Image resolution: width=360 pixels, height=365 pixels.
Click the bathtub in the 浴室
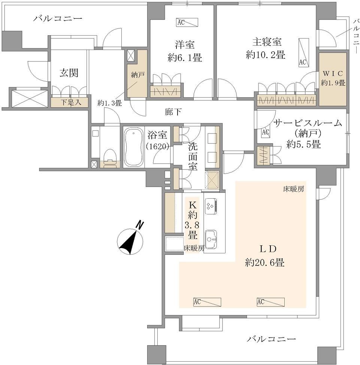(x=133, y=147)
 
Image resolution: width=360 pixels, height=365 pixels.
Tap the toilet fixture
(x=110, y=158)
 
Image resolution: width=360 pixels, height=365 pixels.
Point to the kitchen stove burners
(x=211, y=206)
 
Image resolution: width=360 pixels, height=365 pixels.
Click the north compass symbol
(x=130, y=240)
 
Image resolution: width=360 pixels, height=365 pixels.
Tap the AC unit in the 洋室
(x=187, y=22)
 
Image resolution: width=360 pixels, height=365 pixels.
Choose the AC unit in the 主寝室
(x=304, y=52)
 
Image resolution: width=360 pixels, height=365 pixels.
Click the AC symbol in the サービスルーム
(x=266, y=132)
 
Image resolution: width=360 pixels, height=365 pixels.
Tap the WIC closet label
(x=333, y=73)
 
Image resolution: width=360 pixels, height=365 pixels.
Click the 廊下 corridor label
(x=173, y=112)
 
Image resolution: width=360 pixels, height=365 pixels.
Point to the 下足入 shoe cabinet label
(x=71, y=102)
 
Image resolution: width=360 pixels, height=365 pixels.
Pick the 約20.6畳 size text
(x=264, y=263)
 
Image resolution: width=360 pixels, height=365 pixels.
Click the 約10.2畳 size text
(x=266, y=55)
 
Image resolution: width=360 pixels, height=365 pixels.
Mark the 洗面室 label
(x=193, y=156)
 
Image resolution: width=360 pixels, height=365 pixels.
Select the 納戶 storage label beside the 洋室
(x=138, y=75)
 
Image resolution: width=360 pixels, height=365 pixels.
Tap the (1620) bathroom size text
(x=157, y=147)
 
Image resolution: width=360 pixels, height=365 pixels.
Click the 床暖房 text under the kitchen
(x=194, y=248)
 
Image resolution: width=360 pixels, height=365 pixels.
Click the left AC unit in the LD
(x=207, y=302)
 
